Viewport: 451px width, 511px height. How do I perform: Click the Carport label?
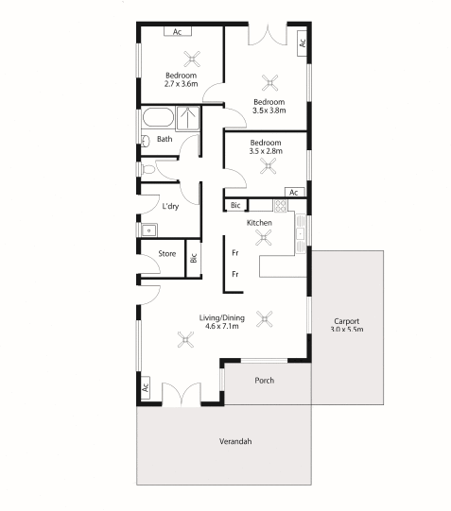346,320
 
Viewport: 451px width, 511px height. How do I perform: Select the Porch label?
265,381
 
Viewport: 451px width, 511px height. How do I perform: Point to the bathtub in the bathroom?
157,120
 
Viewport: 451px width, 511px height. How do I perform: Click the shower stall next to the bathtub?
190,119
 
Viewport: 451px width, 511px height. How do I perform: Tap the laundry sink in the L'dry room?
147,229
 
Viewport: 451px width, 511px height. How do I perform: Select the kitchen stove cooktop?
280,206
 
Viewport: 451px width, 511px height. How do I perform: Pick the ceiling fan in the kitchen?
259,240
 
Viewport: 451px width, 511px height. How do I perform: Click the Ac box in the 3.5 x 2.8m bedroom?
294,192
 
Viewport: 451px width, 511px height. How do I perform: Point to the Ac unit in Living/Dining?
146,386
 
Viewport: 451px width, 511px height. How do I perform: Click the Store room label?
166,253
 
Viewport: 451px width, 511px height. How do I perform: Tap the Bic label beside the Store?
193,257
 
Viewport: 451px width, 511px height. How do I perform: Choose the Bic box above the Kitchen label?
234,206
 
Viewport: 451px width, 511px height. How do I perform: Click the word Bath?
165,140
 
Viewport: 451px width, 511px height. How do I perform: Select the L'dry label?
170,206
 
